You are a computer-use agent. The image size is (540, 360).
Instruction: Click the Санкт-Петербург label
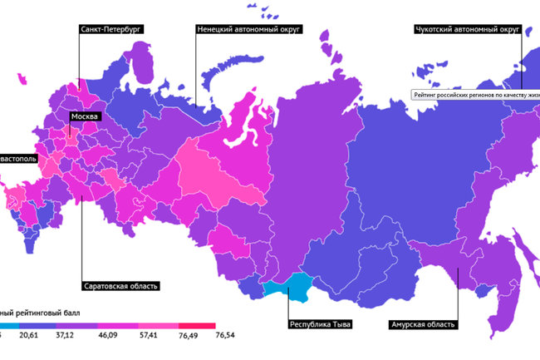point(110,28)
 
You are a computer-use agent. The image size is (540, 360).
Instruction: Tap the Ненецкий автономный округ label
point(248,28)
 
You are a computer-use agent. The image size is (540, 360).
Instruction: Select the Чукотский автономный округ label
point(467,28)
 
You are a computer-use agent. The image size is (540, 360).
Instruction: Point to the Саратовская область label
point(120,286)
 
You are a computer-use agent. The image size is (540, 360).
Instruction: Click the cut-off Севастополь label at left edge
point(17,157)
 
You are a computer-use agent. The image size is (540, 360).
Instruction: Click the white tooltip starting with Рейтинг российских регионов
point(475,95)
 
